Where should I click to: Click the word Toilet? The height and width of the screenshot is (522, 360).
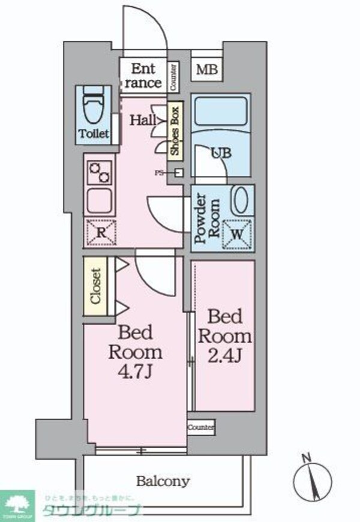click(94, 134)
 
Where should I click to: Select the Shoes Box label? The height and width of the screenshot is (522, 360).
click(175, 131)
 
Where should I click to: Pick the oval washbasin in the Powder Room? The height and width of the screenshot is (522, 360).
click(241, 200)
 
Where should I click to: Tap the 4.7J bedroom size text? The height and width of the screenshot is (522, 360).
click(135, 371)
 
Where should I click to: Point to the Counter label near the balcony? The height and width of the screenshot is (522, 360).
click(201, 427)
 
